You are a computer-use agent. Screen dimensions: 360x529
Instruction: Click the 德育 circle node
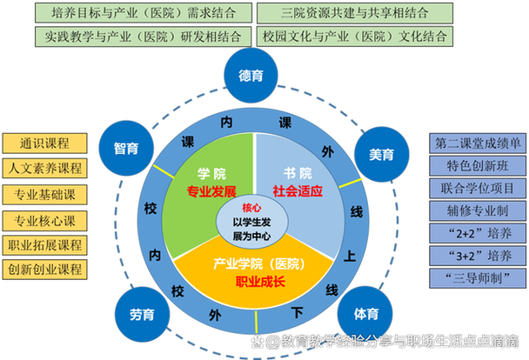click(251, 76)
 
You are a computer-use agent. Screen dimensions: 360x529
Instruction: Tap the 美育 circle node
click(381, 154)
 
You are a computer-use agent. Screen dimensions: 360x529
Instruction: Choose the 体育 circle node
click(365, 313)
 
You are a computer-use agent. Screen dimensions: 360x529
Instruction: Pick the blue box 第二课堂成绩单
click(476, 143)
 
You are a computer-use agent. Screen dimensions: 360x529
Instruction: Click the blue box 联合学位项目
click(476, 188)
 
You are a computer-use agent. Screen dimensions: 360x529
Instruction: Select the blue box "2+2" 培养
click(476, 233)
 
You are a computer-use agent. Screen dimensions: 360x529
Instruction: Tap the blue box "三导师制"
click(476, 278)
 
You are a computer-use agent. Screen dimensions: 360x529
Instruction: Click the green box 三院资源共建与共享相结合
click(353, 14)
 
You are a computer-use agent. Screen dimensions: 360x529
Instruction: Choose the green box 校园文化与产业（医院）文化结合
click(353, 37)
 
